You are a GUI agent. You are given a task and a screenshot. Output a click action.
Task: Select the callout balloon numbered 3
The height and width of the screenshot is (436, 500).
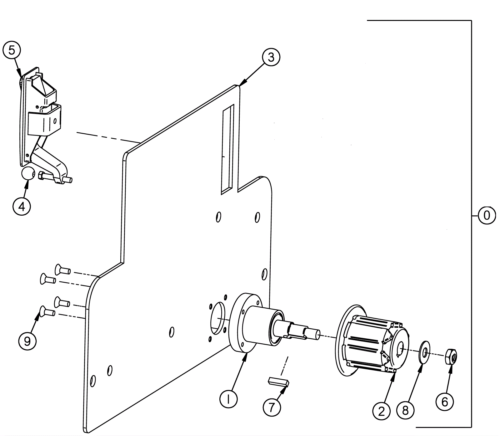click(x=271, y=58)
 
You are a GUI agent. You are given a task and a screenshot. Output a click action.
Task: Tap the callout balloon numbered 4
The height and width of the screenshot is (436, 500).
click(x=22, y=207)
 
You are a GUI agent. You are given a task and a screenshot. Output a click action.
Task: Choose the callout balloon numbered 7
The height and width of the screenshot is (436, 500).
click(x=272, y=407)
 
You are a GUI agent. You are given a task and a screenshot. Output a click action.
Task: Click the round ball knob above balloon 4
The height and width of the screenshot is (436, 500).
click(x=28, y=173)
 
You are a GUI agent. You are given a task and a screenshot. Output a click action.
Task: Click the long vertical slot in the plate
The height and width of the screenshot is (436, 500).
click(x=227, y=148)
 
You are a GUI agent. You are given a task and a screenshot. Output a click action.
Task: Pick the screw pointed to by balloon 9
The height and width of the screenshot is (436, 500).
click(x=47, y=311)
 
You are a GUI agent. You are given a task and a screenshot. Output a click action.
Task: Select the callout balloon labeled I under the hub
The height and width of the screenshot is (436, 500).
click(x=228, y=399)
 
